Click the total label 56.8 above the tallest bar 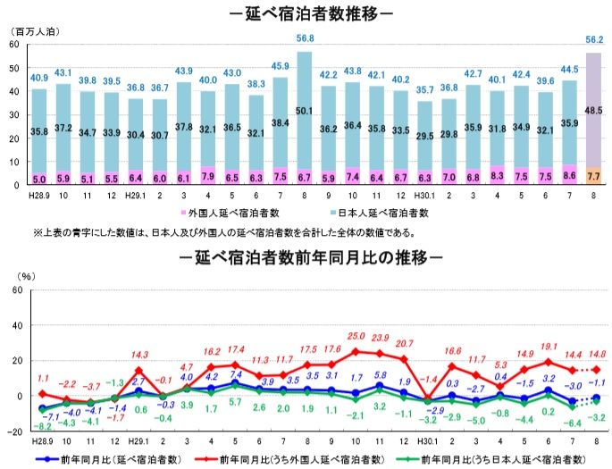pos(304,38)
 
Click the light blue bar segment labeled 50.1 pos(304,111)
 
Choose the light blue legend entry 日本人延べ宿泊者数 pos(383,214)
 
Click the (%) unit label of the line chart pos(28,276)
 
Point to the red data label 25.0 pos(356,335)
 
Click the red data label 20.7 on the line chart pos(404,343)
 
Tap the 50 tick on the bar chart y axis pos(14,68)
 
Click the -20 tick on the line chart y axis pos(13,431)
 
